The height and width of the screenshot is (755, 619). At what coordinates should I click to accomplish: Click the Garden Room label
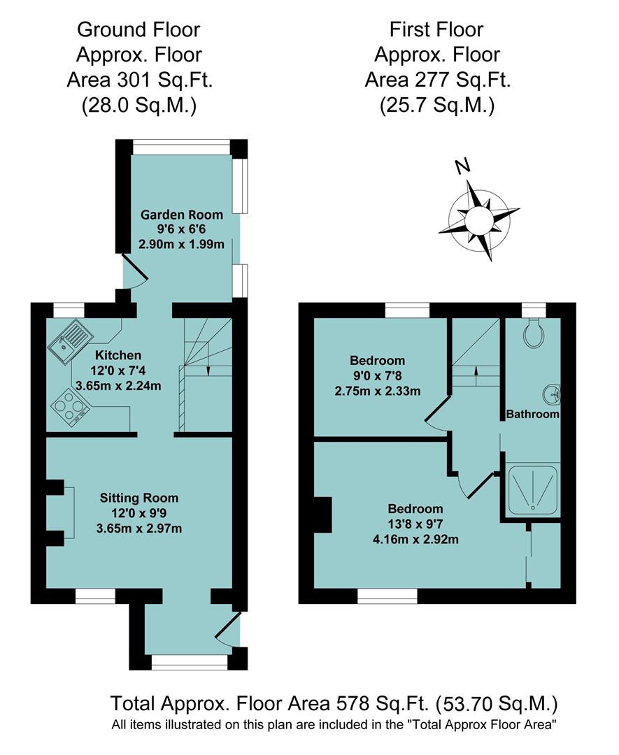pyautogui.click(x=182, y=215)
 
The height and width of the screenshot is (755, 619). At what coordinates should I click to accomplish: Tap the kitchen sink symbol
pyautogui.click(x=68, y=340)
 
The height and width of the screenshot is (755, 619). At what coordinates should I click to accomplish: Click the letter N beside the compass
pyautogui.click(x=461, y=166)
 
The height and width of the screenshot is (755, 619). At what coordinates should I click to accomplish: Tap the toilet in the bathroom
pyautogui.click(x=535, y=334)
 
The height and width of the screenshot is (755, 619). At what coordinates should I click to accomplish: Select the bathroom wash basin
pyautogui.click(x=553, y=394)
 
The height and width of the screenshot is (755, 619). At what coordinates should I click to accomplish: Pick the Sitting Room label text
pyautogui.click(x=139, y=498)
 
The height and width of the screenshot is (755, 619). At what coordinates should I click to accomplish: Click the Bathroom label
pyautogui.click(x=533, y=414)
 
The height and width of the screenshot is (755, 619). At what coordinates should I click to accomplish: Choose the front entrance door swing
pyautogui.click(x=229, y=629)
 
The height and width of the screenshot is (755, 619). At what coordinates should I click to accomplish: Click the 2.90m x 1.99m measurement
pyautogui.click(x=181, y=244)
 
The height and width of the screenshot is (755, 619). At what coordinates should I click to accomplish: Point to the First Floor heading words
pyautogui.click(x=437, y=29)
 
